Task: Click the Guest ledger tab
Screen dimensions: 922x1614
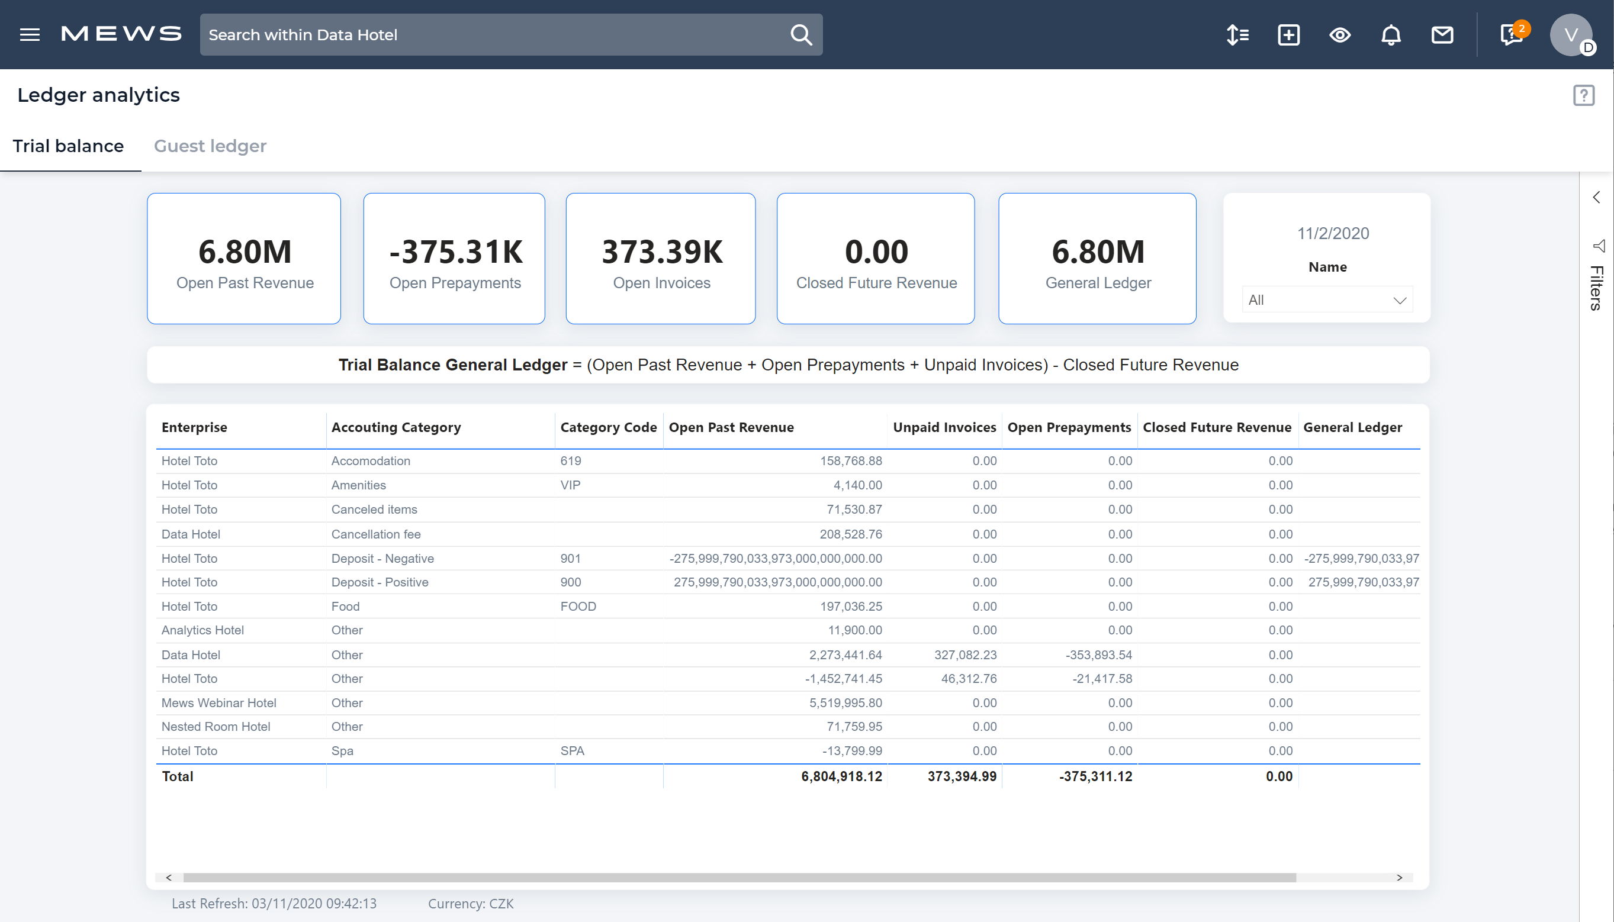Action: click(x=210, y=146)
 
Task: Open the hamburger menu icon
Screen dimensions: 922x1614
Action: click(x=30, y=34)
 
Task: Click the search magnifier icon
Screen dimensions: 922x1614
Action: click(x=800, y=34)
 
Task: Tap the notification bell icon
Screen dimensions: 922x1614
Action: click(x=1390, y=35)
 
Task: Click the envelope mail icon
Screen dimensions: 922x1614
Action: click(x=1442, y=35)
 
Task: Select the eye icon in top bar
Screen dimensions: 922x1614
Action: click(x=1339, y=35)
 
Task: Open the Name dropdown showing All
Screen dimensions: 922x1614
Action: click(x=1326, y=299)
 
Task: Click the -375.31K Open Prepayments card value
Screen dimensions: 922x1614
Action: click(x=455, y=252)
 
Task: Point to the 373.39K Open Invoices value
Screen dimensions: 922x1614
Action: click(x=661, y=252)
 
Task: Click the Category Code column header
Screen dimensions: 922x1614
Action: click(x=608, y=427)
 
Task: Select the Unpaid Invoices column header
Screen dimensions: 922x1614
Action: click(x=944, y=427)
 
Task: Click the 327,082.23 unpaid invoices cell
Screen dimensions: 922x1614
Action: click(x=964, y=655)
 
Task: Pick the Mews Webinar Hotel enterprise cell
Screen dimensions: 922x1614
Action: click(x=218, y=703)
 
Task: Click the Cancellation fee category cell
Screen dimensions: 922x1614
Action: click(x=375, y=534)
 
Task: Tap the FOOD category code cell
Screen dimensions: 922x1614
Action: click(x=578, y=606)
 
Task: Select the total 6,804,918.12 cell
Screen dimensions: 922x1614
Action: click(x=841, y=776)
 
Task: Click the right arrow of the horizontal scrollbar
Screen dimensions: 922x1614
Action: click(x=1399, y=877)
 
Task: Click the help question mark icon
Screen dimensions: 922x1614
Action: click(x=1584, y=96)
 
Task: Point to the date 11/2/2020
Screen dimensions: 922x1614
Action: click(x=1333, y=234)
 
